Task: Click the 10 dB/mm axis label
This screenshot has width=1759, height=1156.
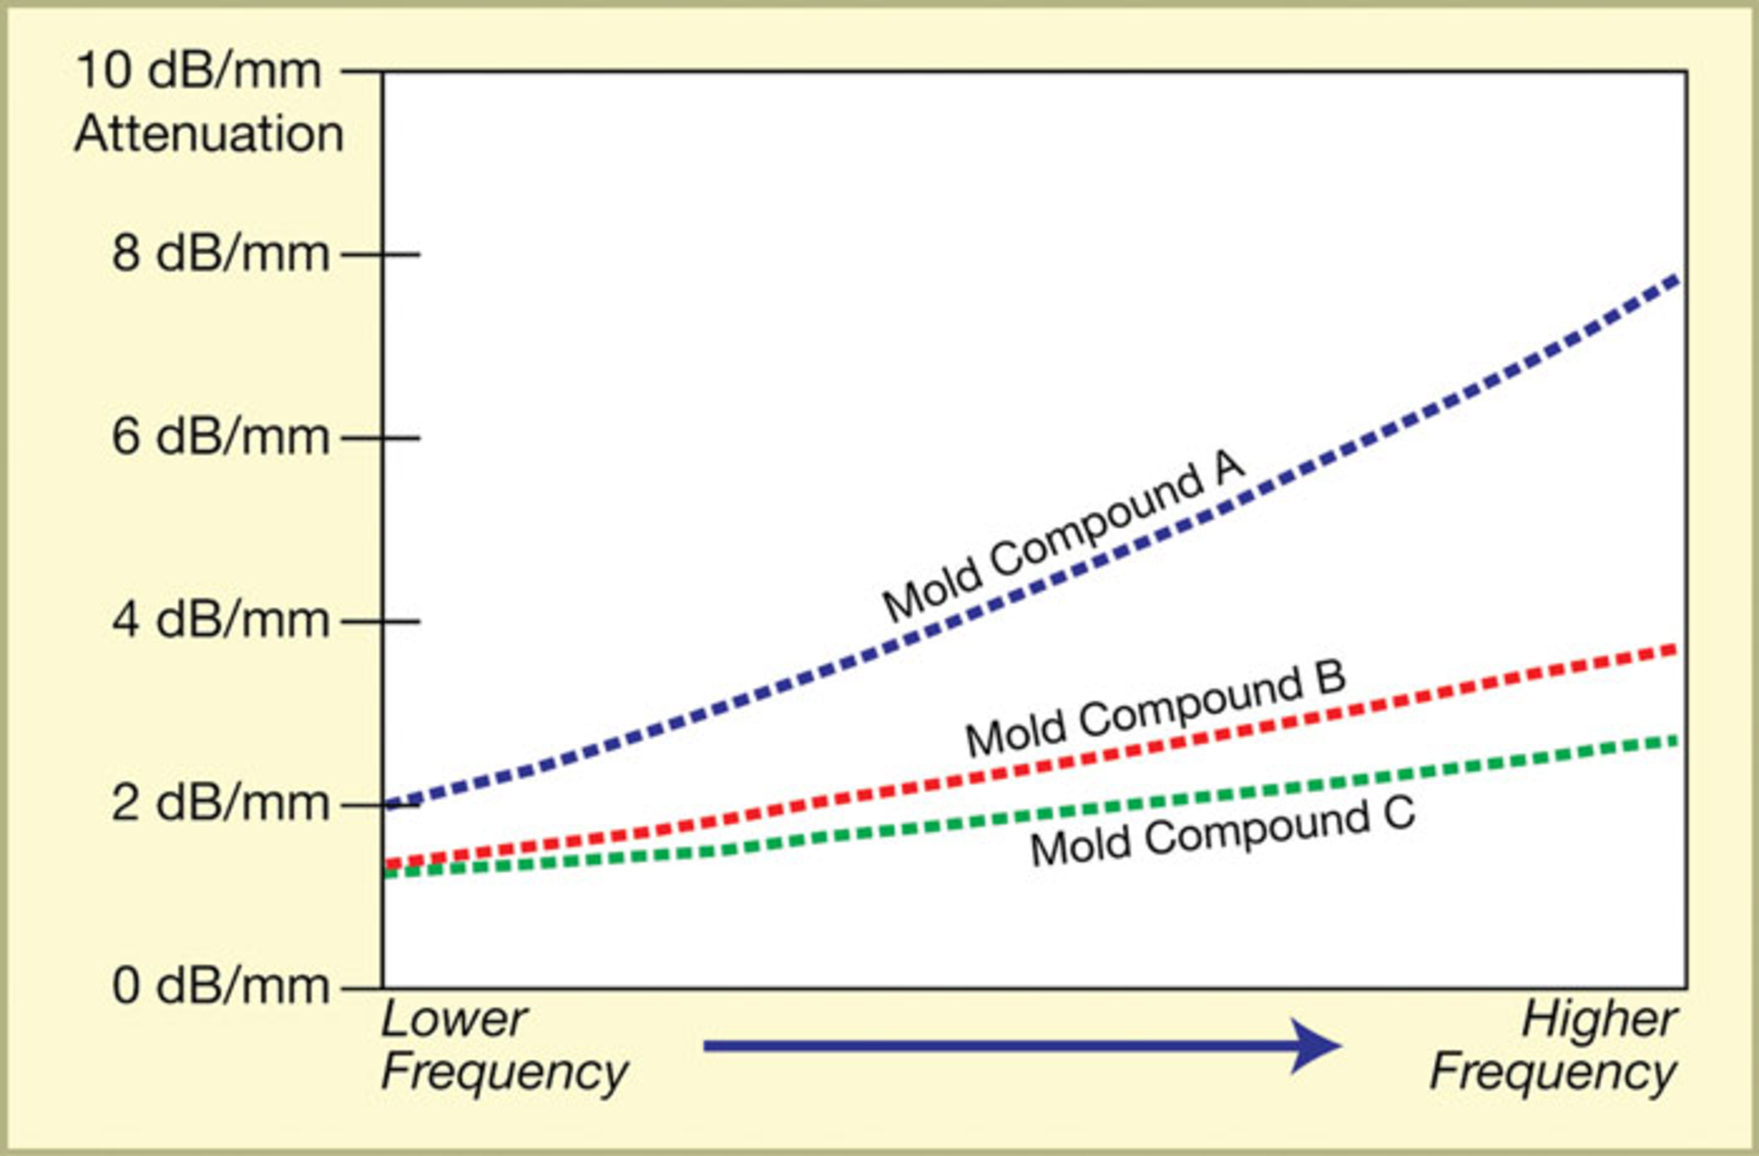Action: [x=199, y=71]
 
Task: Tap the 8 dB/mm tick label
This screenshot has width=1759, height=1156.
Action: [x=220, y=254]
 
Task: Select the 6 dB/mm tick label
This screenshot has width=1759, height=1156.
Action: [x=220, y=437]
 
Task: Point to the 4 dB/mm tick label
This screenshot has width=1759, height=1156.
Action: [x=220, y=620]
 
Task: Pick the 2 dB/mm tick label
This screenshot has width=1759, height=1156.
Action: [x=220, y=803]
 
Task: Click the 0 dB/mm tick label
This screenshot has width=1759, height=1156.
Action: [x=220, y=987]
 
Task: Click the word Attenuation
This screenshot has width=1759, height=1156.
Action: [x=209, y=135]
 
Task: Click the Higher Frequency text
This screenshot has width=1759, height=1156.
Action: [x=1556, y=1045]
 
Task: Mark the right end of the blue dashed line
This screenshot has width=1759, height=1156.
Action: [x=1675, y=279]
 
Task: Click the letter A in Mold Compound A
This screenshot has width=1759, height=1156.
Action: [x=1229, y=465]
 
